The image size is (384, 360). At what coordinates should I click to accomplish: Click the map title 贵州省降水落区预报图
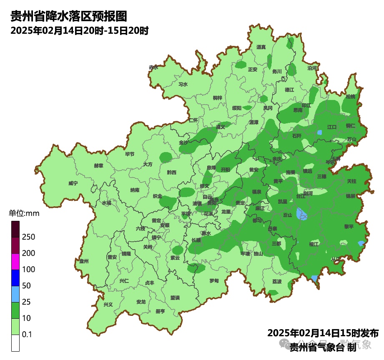tap(68, 16)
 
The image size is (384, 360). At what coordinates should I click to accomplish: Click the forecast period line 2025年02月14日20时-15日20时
tap(79, 30)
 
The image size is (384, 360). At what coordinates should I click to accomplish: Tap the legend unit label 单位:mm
tap(24, 214)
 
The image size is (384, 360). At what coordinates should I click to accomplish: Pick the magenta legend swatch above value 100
tap(15, 262)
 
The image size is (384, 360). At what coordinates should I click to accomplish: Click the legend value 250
tap(28, 237)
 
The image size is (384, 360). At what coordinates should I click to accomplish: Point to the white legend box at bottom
tap(15, 343)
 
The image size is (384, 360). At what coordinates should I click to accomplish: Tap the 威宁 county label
tap(73, 183)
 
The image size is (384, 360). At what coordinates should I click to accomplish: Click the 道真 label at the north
tap(261, 47)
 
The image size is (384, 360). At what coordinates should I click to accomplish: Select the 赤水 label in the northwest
tap(153, 67)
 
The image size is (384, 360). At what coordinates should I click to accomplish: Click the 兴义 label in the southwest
tap(108, 304)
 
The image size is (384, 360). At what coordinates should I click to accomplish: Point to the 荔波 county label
tap(277, 281)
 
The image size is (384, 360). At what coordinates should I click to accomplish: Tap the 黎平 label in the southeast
tap(349, 226)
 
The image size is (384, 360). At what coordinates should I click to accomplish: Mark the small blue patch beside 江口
tap(320, 132)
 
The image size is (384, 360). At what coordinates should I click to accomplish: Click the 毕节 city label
tap(130, 154)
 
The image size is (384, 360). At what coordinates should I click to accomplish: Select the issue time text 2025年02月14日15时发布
tap(323, 333)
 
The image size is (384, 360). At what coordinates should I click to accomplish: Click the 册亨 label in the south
tap(160, 311)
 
